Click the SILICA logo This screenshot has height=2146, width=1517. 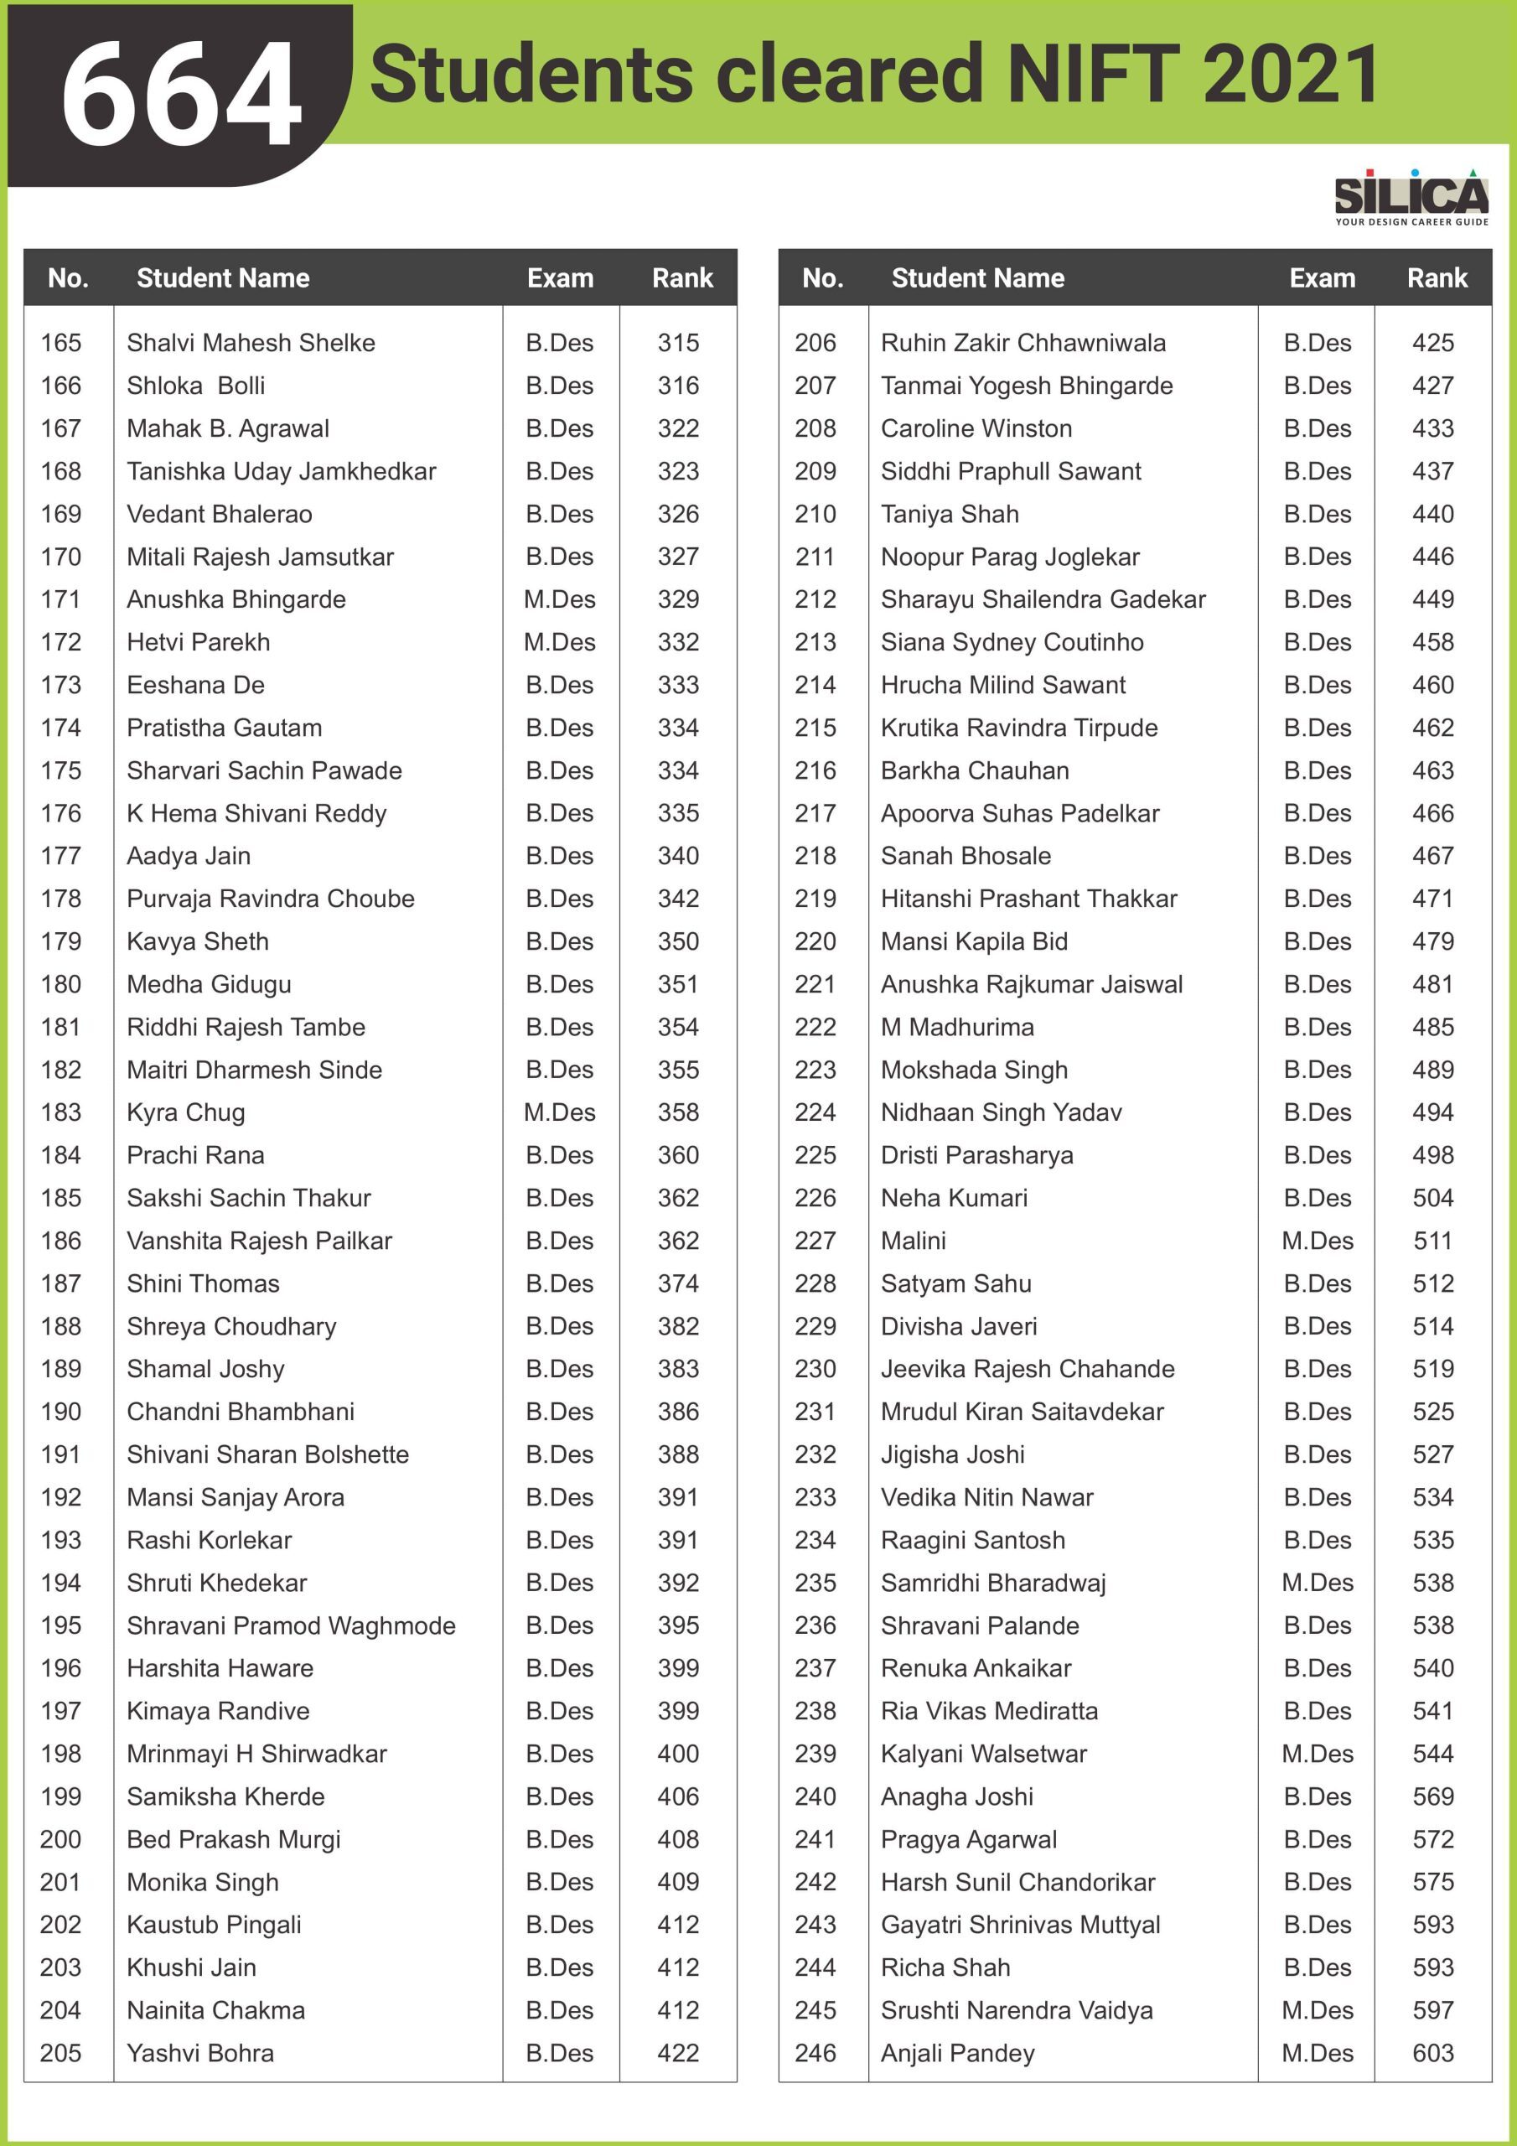coord(1411,196)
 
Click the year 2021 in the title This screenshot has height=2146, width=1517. coord(1291,75)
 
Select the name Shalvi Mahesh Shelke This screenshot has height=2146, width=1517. coord(251,343)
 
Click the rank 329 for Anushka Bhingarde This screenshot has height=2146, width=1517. coord(678,599)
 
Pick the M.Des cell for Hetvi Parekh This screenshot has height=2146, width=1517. coord(559,642)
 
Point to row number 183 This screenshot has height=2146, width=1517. coord(60,1112)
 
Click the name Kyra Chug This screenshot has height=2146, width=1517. coord(186,1112)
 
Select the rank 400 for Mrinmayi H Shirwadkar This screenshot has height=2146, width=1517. coord(678,1754)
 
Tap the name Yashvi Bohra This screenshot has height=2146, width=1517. coord(200,2053)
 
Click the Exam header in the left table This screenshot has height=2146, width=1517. coord(560,277)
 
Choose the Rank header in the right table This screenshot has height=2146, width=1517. coord(1437,277)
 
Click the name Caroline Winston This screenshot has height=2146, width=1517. coord(976,428)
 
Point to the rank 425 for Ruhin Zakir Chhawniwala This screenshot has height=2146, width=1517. coord(1433,343)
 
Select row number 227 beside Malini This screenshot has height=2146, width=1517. coord(815,1241)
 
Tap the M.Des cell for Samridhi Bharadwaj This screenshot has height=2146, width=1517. coord(1317,1583)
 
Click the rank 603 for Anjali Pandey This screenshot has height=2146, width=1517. coord(1433,2053)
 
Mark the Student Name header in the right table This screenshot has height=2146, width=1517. coord(978,277)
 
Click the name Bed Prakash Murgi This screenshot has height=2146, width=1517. coord(234,1839)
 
